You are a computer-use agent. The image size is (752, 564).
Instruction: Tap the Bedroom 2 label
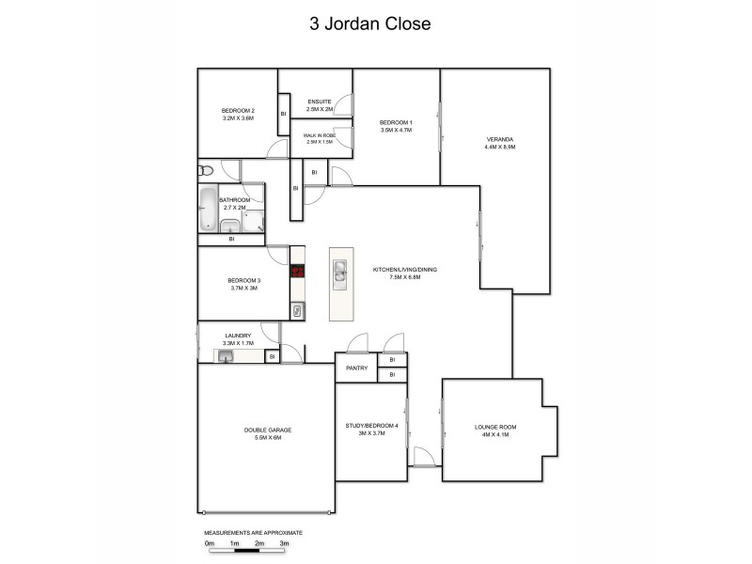(238, 115)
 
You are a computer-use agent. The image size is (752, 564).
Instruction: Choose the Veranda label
(500, 143)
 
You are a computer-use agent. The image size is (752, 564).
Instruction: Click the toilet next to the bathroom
(206, 171)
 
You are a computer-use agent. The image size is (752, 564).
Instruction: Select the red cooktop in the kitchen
(298, 273)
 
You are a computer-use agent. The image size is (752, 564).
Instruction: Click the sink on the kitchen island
(339, 274)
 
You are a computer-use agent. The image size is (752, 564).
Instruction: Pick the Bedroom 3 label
(243, 284)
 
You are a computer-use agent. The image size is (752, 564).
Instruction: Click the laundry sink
(226, 356)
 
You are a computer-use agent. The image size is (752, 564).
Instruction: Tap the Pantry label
(355, 368)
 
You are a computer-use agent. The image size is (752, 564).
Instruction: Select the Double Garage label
(268, 433)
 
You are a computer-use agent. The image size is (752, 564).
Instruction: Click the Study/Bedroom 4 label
(371, 430)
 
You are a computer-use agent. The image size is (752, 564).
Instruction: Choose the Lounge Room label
(495, 430)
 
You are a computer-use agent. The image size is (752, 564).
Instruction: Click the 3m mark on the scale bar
(284, 543)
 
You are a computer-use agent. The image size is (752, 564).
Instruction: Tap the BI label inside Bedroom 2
(283, 114)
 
